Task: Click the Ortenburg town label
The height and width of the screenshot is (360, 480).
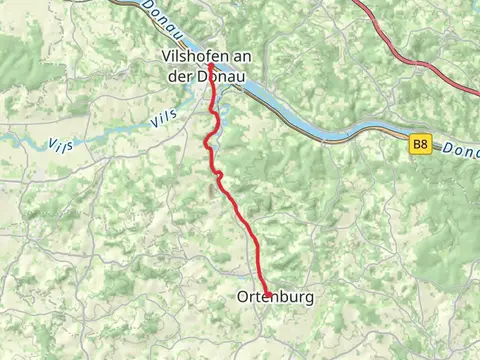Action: [x=276, y=297]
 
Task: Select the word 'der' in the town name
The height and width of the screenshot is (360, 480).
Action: [x=174, y=72]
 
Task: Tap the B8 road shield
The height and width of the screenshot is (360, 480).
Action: [x=420, y=145]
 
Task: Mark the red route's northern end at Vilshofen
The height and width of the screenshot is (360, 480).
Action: [x=211, y=67]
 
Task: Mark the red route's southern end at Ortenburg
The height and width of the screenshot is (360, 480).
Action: [x=267, y=294]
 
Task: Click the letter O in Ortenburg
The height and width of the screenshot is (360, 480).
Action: [x=244, y=297]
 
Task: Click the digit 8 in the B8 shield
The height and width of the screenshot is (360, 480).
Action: [x=424, y=145]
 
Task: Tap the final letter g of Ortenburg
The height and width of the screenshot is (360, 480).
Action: [x=309, y=298]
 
